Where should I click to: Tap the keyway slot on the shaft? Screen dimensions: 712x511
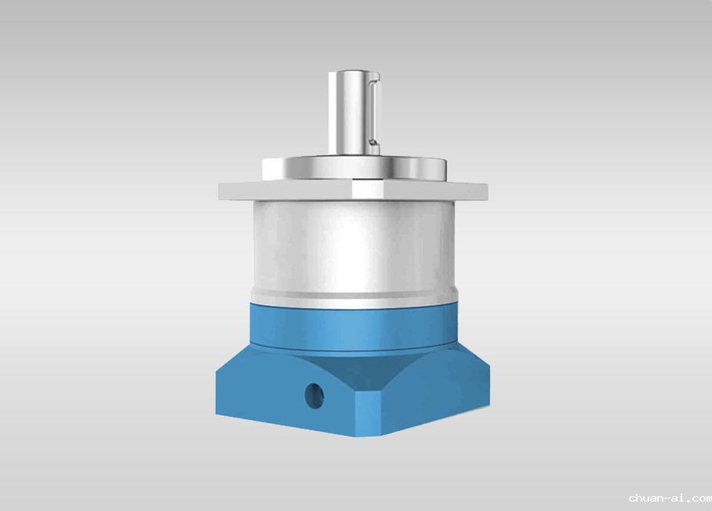click(373, 111)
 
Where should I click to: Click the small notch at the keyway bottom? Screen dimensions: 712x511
click(374, 143)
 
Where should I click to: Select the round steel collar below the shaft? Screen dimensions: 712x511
click(354, 168)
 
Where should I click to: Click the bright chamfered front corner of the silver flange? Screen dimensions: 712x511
click(369, 190)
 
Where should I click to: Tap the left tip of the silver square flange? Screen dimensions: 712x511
click(220, 190)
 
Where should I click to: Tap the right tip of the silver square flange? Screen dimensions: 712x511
click(486, 190)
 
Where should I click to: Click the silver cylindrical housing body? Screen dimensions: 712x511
click(354, 248)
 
